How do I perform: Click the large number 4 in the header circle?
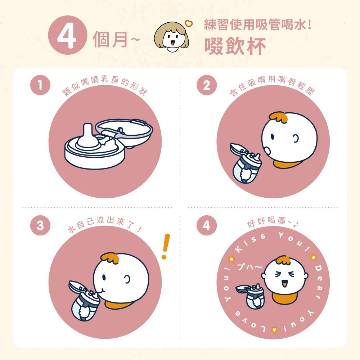pos(67,35)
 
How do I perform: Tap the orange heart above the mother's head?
pos(189,23)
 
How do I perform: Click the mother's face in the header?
pos(171,38)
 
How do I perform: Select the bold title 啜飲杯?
pos(235,46)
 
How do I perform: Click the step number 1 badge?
pos(40,85)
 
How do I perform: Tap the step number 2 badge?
pos(207,85)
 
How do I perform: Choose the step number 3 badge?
pos(40,225)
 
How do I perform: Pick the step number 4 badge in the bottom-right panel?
pos(207,225)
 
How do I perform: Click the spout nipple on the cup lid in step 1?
pos(87,135)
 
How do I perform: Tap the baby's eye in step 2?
pos(273,136)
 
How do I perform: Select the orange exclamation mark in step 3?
pos(166,246)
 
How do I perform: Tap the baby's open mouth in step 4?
pos(285,283)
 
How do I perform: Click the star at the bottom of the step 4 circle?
pos(274,329)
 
